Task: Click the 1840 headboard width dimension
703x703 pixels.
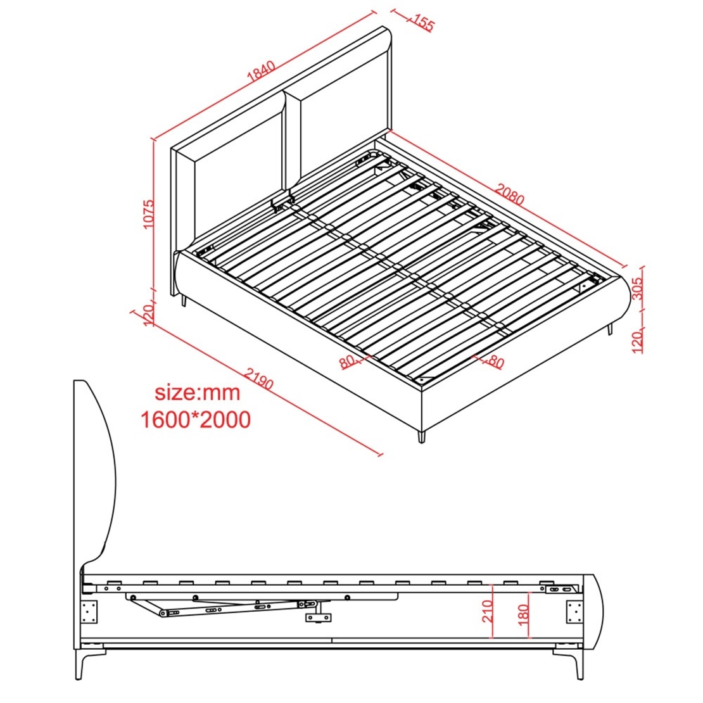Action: point(261,71)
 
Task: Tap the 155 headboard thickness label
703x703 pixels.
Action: point(423,22)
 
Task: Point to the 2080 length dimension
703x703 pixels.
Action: point(509,194)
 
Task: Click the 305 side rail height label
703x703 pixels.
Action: point(637,288)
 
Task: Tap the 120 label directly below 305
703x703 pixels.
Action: point(637,341)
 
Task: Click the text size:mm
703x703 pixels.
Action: point(198,393)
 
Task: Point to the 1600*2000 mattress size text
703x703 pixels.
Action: point(196,420)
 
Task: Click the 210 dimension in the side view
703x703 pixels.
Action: point(487,611)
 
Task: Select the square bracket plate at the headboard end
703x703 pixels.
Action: point(89,612)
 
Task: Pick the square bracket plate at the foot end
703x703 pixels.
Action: point(574,612)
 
